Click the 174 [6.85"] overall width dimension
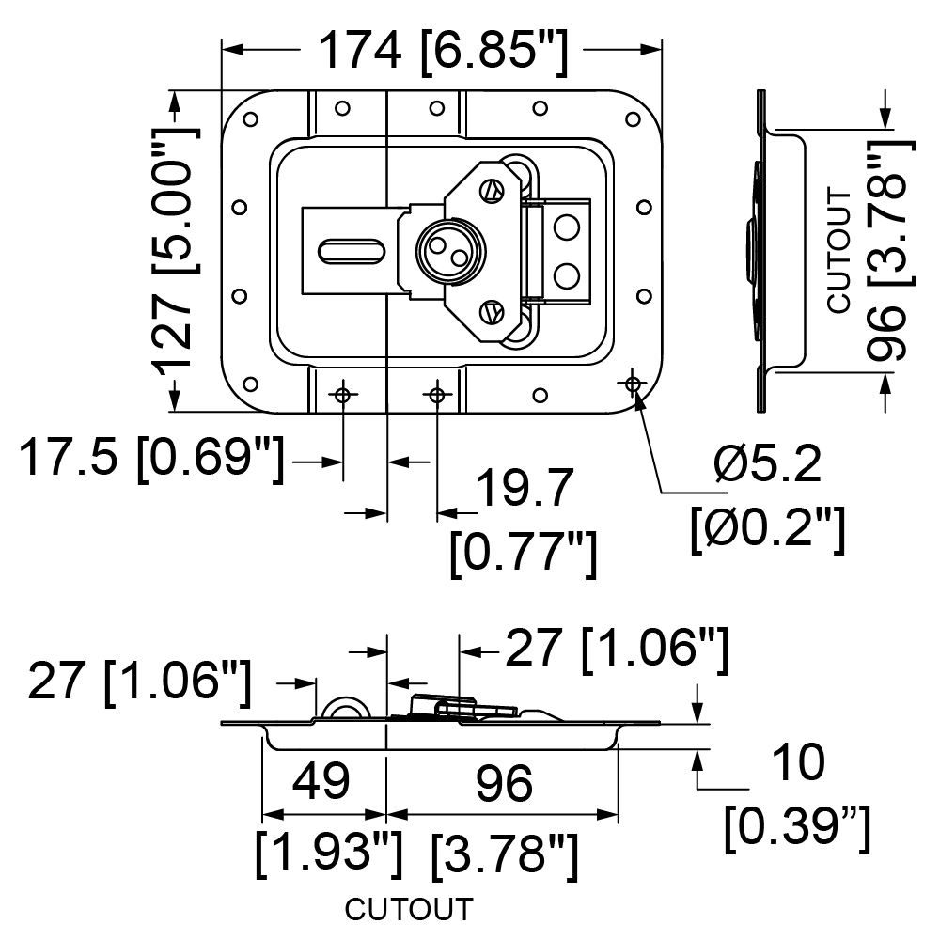tap(443, 52)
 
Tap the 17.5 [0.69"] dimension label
tap(151, 460)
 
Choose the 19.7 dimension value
tap(525, 489)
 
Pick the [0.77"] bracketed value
tap(524, 554)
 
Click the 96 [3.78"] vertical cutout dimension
tap(891, 251)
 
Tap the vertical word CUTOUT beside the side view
tap(839, 250)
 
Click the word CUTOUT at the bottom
tap(409, 909)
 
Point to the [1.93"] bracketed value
tap(329, 854)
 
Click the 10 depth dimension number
tap(798, 762)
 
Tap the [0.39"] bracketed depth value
tap(797, 828)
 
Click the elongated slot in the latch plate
tap(352, 251)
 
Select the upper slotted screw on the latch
tap(492, 191)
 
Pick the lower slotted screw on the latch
tap(492, 312)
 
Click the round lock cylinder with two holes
tap(450, 251)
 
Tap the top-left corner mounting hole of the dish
tap(251, 119)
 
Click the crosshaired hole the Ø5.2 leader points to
tap(633, 384)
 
